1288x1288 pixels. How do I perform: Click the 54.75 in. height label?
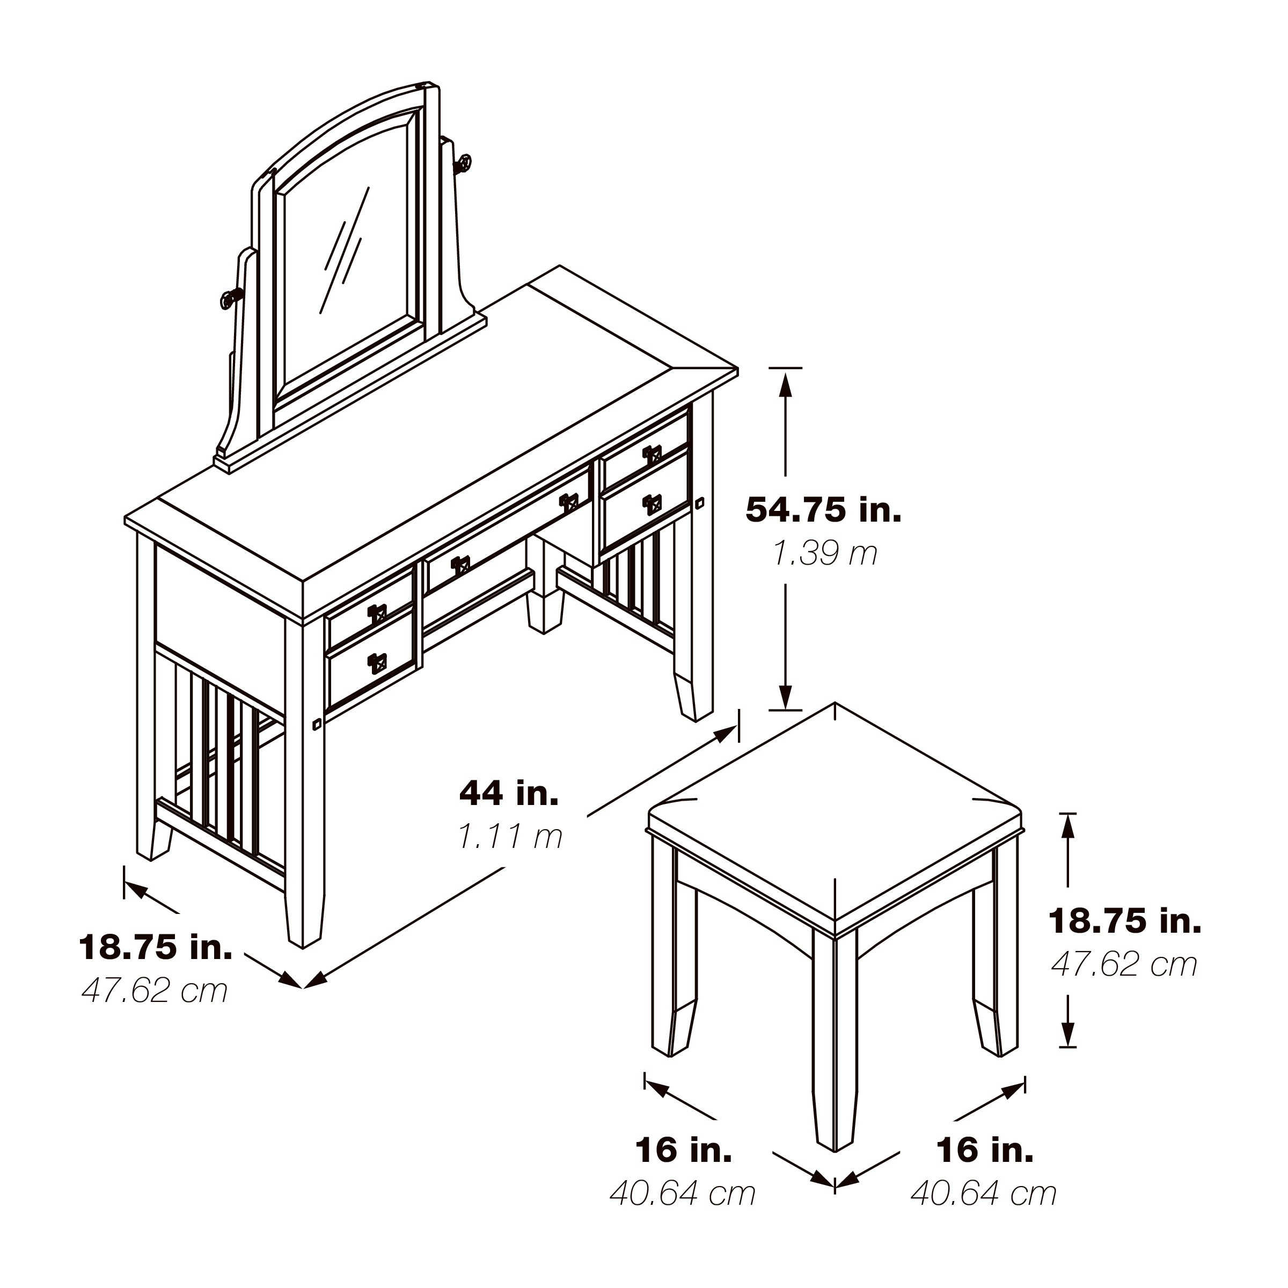click(x=823, y=510)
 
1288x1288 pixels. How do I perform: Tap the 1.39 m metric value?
click(x=825, y=553)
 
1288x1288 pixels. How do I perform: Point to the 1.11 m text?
click(x=510, y=836)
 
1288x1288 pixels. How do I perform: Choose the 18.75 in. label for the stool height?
click(x=1125, y=921)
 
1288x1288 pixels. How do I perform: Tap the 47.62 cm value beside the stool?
click(x=1124, y=965)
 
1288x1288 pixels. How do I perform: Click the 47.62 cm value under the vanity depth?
click(x=155, y=991)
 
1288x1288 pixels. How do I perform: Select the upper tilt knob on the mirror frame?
click(x=463, y=163)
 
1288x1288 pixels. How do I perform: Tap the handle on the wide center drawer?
click(x=569, y=502)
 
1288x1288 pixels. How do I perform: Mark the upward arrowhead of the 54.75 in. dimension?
click(x=785, y=385)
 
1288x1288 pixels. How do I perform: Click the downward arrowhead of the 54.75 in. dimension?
click(x=785, y=696)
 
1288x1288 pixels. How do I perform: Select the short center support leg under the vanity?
click(x=545, y=587)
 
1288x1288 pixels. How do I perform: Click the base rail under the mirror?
click(x=350, y=393)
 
